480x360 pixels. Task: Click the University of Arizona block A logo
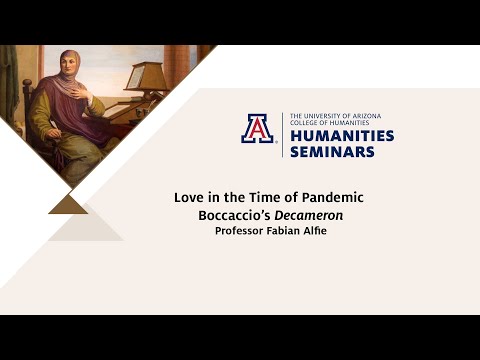pos(257,129)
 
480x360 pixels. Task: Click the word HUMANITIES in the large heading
pos(341,135)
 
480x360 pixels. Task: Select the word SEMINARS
pos(332,151)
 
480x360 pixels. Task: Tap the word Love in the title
pos(187,197)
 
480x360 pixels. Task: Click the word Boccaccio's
pos(230,214)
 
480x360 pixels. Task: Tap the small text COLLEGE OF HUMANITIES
pos(329,123)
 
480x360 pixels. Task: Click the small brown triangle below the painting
pos(68,204)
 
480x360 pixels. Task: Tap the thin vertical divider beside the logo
pos(282,135)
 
